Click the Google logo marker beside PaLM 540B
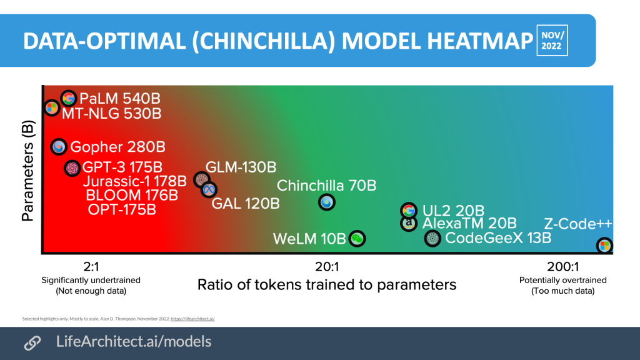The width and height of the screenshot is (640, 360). tap(69, 98)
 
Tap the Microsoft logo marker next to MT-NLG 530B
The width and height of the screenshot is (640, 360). tap(52, 108)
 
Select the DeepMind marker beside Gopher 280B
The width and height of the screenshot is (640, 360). tap(59, 147)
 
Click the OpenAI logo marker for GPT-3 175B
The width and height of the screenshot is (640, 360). tap(72, 168)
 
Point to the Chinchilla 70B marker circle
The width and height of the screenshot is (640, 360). tap(326, 202)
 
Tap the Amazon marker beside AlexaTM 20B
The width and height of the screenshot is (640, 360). tap(408, 223)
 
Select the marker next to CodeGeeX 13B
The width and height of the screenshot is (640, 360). tap(432, 238)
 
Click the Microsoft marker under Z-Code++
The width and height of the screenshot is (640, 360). tap(604, 245)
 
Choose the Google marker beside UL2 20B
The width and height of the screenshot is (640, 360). tap(408, 211)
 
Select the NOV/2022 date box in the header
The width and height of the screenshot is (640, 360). tap(552, 40)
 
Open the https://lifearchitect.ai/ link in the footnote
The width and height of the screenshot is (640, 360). tap(197, 319)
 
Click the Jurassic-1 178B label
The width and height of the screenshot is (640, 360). tap(135, 182)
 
